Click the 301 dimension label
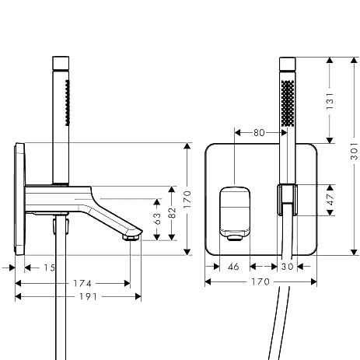[355, 151]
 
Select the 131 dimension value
[330, 101]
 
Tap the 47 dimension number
[330, 200]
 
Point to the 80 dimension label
[259, 133]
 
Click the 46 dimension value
[233, 267]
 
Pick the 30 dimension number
[288, 267]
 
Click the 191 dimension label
[88, 296]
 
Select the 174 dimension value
[82, 283]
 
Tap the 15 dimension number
[50, 267]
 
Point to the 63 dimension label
[157, 218]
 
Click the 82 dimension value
[172, 213]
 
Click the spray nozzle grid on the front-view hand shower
[288, 103]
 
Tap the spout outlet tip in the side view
[131, 238]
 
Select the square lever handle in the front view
[235, 214]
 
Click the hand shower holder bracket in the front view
[287, 200]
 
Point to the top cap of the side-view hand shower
[61, 63]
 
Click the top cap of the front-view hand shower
[288, 64]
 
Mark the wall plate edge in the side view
[20, 199]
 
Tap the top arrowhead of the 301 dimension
[355, 61]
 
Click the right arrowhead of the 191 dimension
[138, 296]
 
